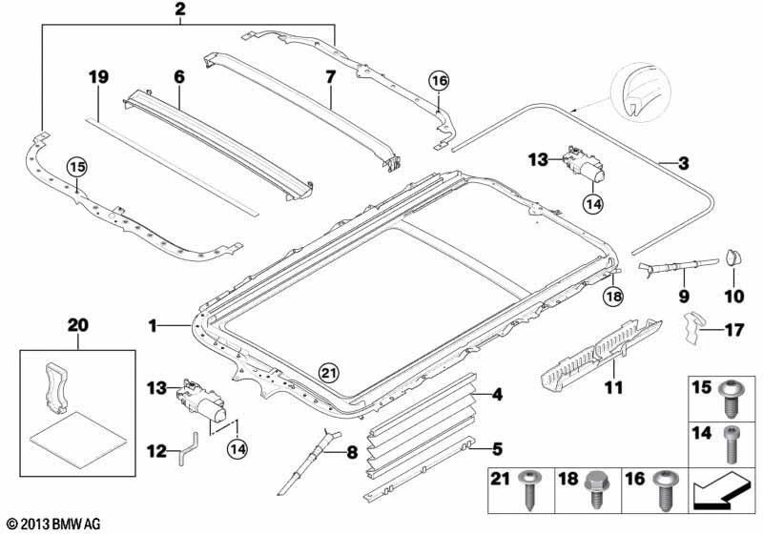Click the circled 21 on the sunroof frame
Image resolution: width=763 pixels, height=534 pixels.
coord(328,372)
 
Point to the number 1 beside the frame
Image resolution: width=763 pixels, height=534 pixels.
coord(153,326)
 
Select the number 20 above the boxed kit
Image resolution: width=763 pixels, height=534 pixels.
coord(76,325)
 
